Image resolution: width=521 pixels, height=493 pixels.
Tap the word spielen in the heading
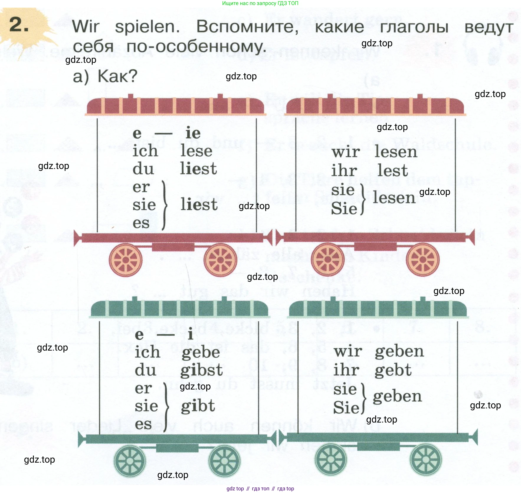147,27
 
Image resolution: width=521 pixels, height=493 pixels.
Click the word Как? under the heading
117,76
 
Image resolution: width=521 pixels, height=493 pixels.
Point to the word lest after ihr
393,170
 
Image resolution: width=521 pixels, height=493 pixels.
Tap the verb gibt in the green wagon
198,406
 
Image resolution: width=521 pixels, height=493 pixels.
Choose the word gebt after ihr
393,370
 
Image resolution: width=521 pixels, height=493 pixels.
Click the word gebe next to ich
201,353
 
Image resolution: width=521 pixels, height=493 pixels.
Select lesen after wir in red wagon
396,152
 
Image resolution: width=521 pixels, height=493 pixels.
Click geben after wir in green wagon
399,352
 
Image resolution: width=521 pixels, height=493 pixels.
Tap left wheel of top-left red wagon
126,260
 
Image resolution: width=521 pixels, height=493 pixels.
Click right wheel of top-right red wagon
423,259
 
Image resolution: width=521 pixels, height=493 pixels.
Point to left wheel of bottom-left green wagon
130,461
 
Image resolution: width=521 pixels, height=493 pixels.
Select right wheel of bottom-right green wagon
426,459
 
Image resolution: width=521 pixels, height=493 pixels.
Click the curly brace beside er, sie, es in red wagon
164,205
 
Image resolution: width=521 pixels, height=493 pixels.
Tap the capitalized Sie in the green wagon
346,407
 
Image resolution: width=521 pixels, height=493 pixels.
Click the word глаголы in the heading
414,27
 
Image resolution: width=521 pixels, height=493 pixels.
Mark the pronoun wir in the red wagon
345,152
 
